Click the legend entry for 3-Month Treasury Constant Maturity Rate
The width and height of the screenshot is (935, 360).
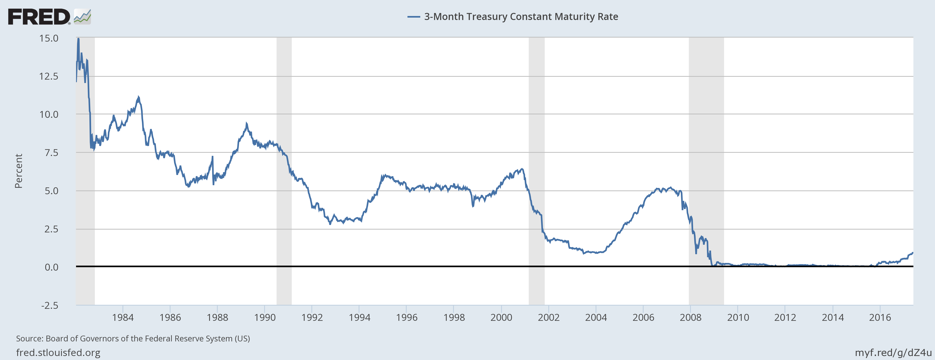coord(513,17)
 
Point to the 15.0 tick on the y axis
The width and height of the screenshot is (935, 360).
coord(49,38)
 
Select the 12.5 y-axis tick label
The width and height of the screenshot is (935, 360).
coord(49,76)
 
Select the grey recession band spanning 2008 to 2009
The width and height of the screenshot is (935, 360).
coord(706,171)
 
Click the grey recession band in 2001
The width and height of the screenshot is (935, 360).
coord(537,171)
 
